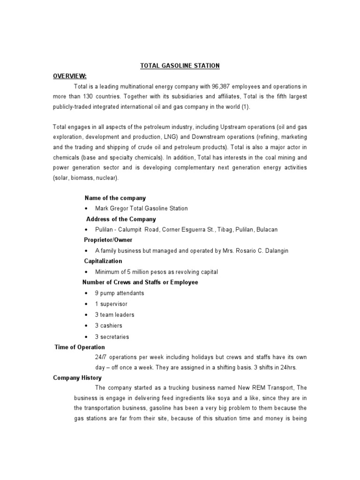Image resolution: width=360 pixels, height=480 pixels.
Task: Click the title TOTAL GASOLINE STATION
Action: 180,66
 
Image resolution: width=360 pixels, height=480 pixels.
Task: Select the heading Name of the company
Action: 115,198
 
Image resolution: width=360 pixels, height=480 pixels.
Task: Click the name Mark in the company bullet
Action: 102,209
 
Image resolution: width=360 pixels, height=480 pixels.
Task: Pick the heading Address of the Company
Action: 121,219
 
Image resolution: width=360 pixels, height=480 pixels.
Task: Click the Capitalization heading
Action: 103,261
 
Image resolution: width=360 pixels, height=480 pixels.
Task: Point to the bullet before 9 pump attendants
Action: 87,293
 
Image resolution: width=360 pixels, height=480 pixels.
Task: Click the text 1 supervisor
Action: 111,304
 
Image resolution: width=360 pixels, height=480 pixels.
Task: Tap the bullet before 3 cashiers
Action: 87,325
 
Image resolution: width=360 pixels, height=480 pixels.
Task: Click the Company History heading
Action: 77,378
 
